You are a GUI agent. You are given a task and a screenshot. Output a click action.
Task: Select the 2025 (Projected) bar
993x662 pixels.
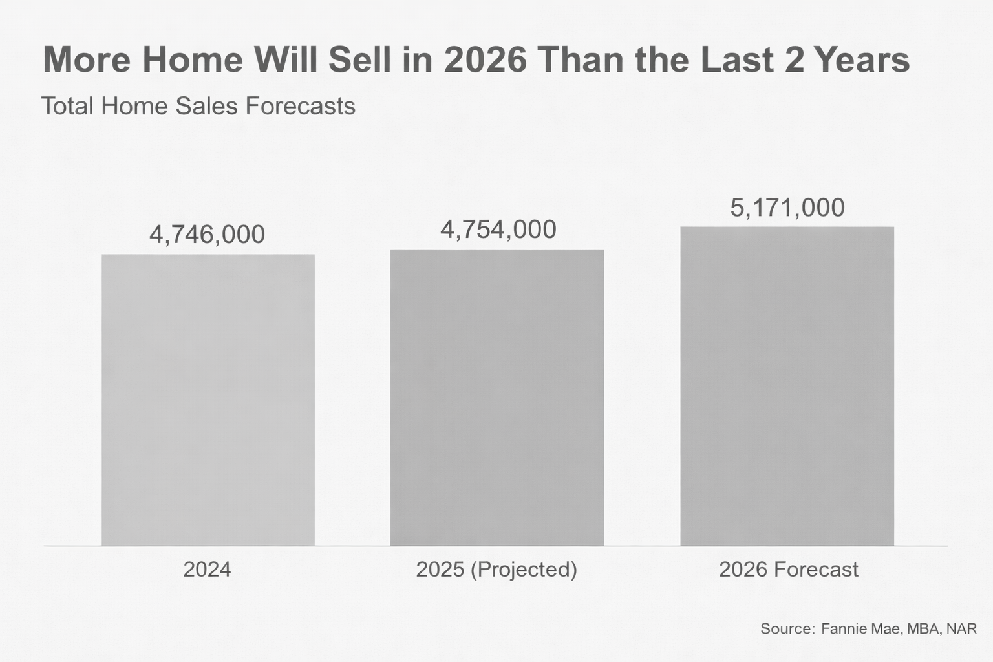coord(496,397)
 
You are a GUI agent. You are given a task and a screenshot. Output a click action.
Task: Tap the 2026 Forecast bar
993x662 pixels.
coord(787,386)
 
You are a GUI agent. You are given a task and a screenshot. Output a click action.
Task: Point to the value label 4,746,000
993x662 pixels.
coord(207,234)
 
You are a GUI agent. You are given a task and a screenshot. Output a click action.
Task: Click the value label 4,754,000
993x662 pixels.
coord(498,230)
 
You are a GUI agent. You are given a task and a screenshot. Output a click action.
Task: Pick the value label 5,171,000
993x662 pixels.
coord(787,208)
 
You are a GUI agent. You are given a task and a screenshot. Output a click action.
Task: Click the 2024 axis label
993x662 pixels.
coord(207,570)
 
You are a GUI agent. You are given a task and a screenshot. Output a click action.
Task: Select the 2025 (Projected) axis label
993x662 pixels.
coord(496,570)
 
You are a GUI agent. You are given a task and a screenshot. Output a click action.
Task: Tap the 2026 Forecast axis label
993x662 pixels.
coord(788,570)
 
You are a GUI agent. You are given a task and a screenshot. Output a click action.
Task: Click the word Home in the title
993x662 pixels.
coord(193,59)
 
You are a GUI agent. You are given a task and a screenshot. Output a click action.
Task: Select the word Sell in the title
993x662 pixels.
coord(359,59)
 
